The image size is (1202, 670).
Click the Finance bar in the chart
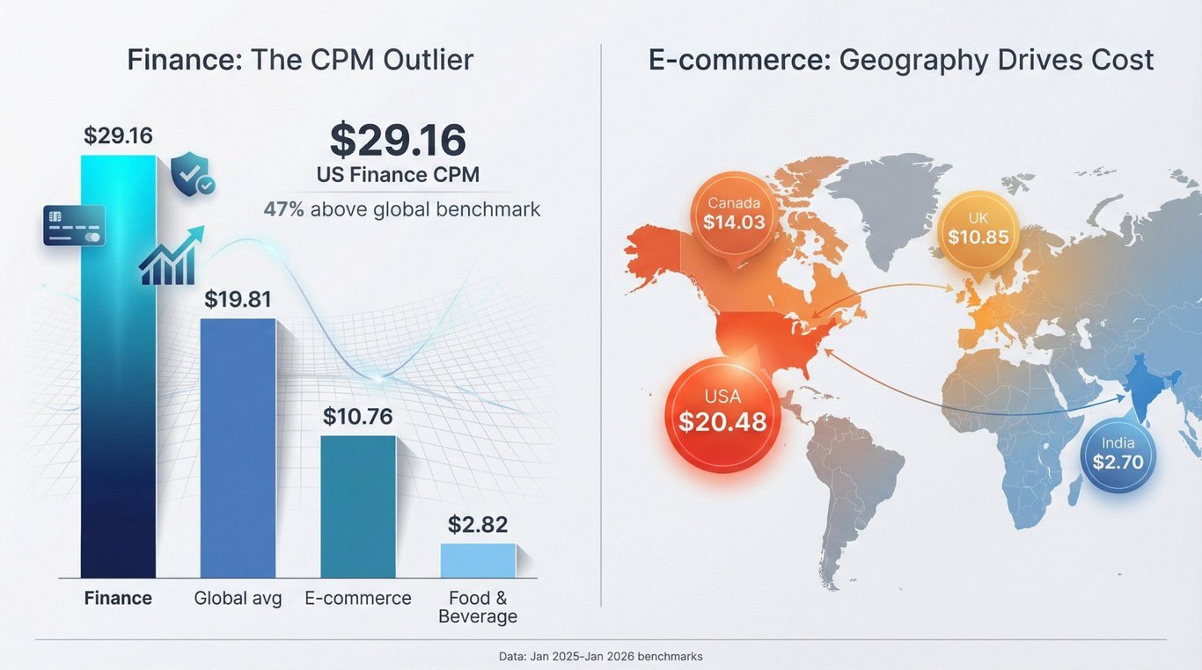(118, 369)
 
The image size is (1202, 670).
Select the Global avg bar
(238, 448)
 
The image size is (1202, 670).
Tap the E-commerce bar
(357, 506)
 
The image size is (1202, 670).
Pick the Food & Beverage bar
(478, 560)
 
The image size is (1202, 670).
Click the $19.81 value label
(238, 299)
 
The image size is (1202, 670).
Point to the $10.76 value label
(357, 416)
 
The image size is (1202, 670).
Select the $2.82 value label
(478, 524)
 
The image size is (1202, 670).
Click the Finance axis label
(118, 599)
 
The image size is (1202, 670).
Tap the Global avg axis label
(238, 599)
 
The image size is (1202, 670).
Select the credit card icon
(74, 225)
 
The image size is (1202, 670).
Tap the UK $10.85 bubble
(978, 229)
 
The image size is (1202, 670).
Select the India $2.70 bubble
(1118, 454)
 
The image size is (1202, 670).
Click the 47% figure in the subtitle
(283, 209)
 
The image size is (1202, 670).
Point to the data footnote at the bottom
(600, 656)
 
